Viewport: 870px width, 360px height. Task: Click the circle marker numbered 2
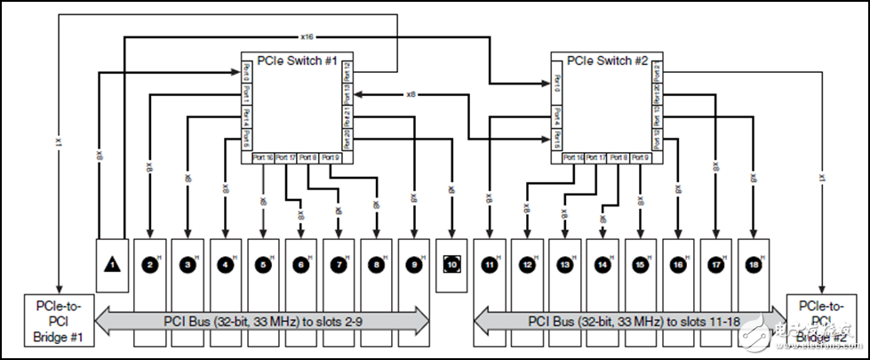point(150,265)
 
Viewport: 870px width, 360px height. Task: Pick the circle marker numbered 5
point(264,265)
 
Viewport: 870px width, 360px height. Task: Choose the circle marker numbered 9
point(414,265)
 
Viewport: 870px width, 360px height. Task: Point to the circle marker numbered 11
point(490,265)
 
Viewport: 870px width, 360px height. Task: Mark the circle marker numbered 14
point(603,265)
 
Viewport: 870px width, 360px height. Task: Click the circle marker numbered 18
point(754,265)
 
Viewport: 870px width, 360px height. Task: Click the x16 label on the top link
point(307,36)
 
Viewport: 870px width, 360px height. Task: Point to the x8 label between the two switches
point(411,93)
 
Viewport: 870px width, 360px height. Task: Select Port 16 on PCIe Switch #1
point(262,157)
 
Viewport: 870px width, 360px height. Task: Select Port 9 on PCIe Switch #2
point(639,157)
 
